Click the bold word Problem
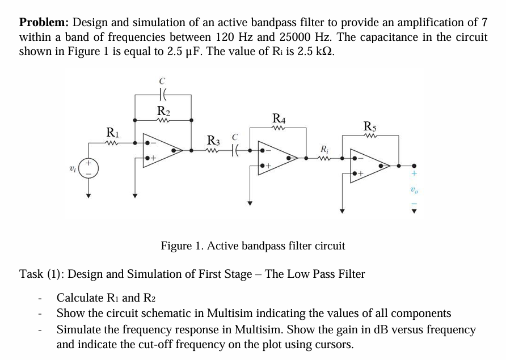pos(44,23)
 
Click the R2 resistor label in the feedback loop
pos(163,111)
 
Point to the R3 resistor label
pos(214,139)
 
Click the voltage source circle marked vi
pos(88,169)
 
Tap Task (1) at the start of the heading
pos(43,274)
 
